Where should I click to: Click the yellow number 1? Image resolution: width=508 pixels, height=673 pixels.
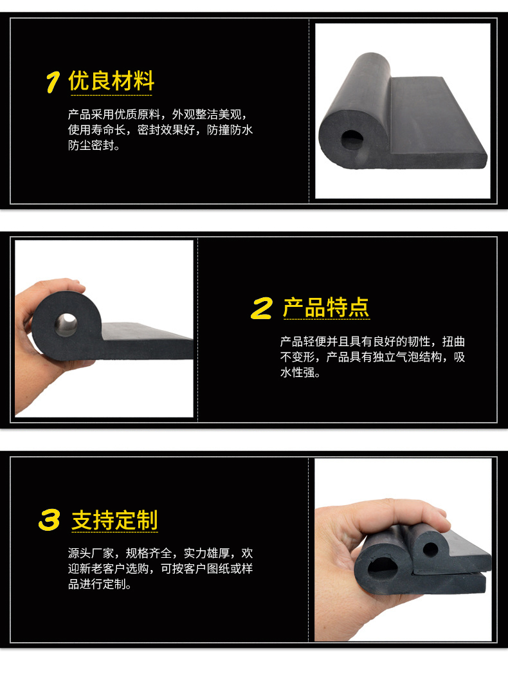coord(53,83)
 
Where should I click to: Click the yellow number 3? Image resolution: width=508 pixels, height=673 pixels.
coord(50,521)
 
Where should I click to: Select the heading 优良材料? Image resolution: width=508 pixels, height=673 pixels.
coord(111,82)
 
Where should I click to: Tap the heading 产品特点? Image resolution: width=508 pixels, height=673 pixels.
coord(326,308)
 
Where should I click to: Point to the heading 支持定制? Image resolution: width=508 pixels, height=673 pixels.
coord(114,520)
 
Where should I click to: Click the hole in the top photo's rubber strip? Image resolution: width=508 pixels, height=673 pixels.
coord(351,138)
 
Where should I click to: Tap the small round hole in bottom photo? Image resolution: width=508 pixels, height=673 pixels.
coord(430,549)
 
